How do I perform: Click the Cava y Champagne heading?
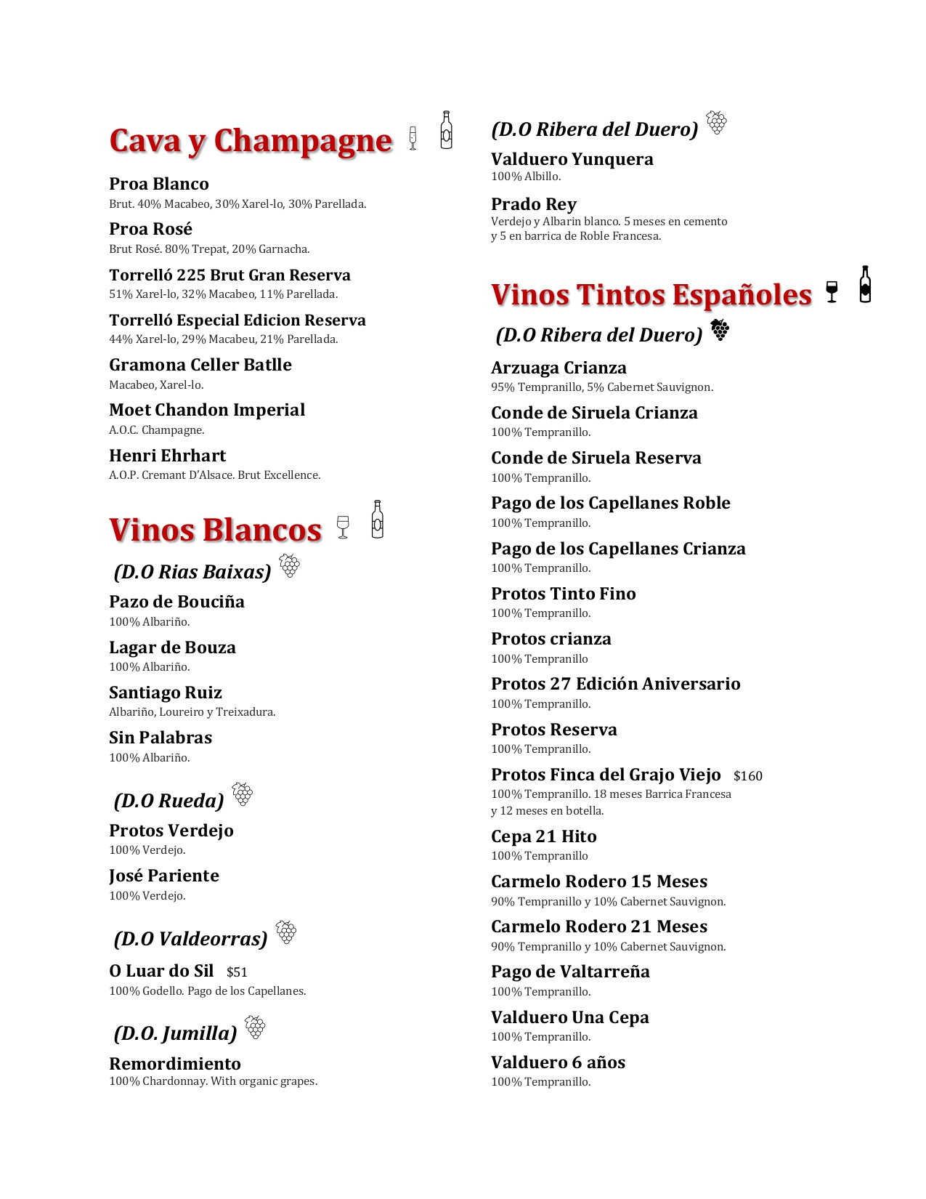(251, 141)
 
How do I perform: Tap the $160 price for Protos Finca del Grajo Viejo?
(747, 776)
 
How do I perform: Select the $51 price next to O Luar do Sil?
(237, 972)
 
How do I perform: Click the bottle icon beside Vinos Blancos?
(377, 520)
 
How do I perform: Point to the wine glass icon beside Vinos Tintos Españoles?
(832, 291)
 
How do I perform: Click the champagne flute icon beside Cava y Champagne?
(413, 138)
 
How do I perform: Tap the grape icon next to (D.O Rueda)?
(243, 794)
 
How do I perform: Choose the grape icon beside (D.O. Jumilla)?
(255, 1028)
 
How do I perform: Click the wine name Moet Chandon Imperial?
(207, 410)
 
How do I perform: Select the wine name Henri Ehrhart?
(167, 456)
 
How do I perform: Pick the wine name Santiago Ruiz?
(166, 693)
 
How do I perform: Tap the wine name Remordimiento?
(175, 1064)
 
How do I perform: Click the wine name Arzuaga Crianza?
(559, 368)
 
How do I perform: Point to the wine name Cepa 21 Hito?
(544, 836)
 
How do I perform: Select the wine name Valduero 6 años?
(558, 1062)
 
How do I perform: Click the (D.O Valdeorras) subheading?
(190, 939)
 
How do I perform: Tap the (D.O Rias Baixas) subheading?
(192, 572)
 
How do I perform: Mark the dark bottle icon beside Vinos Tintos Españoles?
(864, 284)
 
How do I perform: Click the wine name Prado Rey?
(534, 204)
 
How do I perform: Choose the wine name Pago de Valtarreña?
(570, 972)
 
